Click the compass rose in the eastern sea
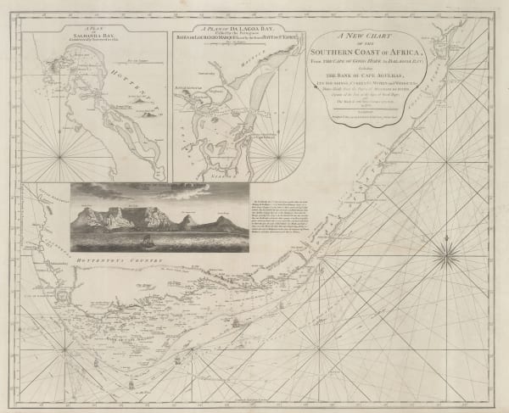(448, 252)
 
